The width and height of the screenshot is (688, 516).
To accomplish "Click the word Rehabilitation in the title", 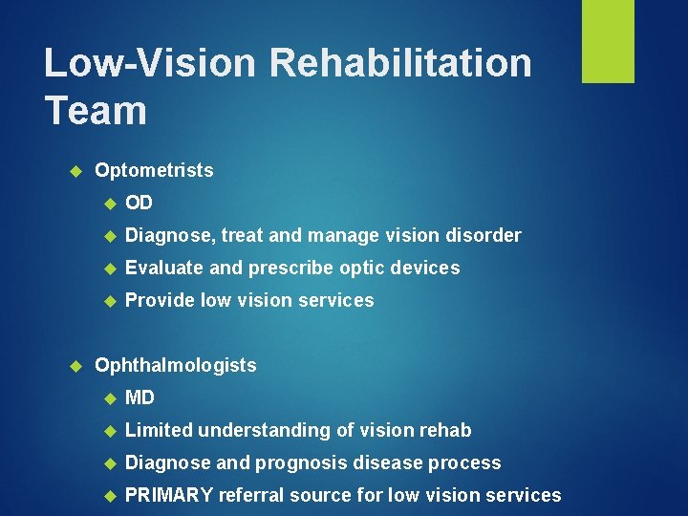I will click(400, 63).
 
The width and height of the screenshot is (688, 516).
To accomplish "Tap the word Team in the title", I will click(96, 110).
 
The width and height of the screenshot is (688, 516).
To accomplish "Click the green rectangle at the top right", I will click(608, 41).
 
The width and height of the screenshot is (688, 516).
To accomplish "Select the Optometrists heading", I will click(154, 171).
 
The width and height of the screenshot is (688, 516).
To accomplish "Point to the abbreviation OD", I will click(139, 204).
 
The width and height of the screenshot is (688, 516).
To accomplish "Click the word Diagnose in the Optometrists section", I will click(162, 236).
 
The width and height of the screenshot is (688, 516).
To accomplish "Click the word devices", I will click(423, 268).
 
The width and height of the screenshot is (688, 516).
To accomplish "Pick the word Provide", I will click(160, 300).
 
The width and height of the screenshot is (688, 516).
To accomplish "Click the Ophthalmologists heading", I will click(176, 365).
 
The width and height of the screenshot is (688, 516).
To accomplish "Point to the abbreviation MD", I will click(140, 398).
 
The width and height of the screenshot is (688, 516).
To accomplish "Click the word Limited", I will click(159, 430).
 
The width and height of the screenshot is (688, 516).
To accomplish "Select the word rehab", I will click(445, 430).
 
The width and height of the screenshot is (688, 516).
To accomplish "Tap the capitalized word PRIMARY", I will click(169, 495).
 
